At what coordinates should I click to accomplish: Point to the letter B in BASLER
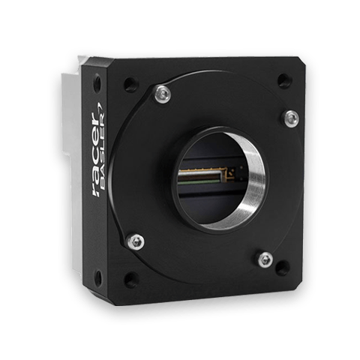click(102, 184)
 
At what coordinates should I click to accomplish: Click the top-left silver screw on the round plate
click(163, 94)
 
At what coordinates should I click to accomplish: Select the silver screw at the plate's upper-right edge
click(292, 118)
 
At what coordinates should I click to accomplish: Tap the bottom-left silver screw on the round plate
click(136, 241)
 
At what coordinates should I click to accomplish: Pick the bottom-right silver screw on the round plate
click(265, 259)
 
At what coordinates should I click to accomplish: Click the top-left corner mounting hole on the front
click(130, 84)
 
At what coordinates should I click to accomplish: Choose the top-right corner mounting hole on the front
click(285, 81)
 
